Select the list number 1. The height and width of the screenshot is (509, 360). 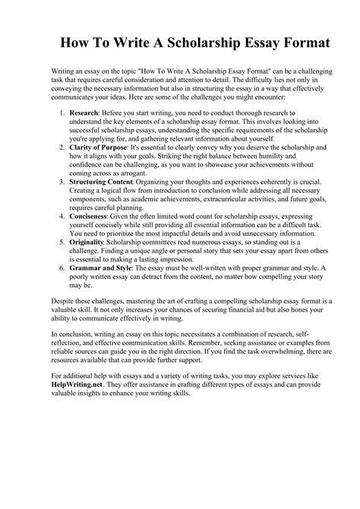(61, 113)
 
